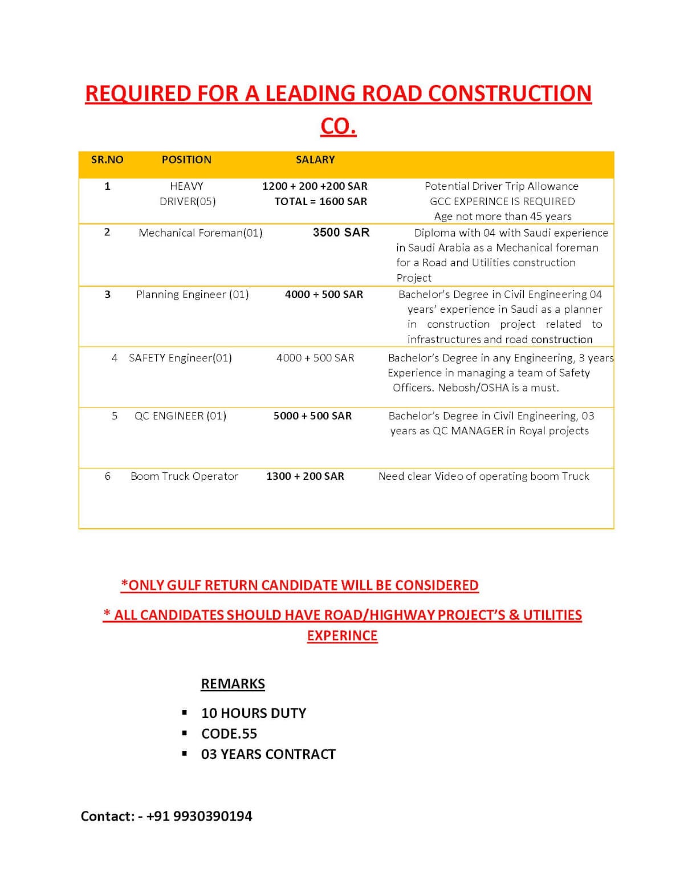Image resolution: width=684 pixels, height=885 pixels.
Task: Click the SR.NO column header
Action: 107,160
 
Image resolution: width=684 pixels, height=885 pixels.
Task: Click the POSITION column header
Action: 186,160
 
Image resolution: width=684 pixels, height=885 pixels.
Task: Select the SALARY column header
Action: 315,160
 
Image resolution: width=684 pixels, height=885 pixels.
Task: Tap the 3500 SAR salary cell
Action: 341,233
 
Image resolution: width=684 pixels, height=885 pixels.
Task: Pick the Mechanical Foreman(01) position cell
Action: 200,233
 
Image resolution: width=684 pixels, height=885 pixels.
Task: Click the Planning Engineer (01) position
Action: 192,295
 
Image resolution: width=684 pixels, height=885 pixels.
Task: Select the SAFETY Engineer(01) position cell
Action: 180,358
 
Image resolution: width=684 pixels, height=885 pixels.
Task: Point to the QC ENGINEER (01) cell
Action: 180,416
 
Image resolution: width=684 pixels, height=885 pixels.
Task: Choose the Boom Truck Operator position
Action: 184,476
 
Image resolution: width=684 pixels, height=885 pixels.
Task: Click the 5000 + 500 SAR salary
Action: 312,416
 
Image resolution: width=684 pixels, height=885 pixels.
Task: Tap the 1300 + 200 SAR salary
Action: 305,476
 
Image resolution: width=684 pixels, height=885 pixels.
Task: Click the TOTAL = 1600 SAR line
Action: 320,201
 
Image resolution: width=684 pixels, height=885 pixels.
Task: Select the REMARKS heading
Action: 233,684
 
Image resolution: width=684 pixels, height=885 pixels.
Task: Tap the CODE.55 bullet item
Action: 229,734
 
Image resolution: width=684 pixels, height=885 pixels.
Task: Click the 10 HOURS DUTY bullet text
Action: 254,713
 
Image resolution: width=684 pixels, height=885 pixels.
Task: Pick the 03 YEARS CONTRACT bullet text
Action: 268,755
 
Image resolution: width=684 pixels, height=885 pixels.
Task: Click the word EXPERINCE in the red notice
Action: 342,636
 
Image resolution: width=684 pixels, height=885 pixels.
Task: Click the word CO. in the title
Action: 339,127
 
